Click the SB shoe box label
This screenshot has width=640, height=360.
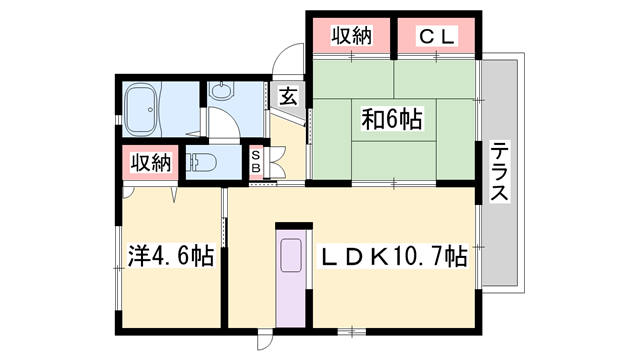[255, 161]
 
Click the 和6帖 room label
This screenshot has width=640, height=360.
[391, 120]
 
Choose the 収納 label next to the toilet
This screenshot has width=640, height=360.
[148, 162]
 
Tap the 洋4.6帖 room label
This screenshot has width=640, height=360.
[170, 257]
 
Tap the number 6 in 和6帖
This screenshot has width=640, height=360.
[391, 120]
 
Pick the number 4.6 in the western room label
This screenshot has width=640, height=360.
[171, 257]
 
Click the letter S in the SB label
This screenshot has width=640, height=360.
[255, 154]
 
